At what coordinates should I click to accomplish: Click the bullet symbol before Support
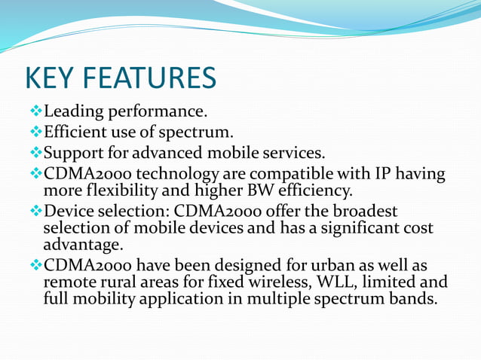pos(35,155)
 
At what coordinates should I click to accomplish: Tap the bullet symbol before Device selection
pos(35,211)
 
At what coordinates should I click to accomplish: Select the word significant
pos(345,227)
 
